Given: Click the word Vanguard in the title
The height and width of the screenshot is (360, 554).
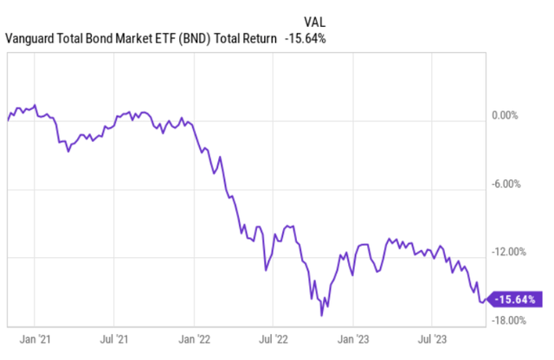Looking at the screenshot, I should (x=33, y=38).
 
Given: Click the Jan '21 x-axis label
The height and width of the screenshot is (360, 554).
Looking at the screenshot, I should (x=35, y=338).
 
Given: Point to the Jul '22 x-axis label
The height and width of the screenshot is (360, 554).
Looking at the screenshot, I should (x=275, y=338).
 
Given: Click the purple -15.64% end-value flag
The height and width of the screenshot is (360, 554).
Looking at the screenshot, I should (x=516, y=299).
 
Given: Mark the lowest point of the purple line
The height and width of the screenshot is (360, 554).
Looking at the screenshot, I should (x=322, y=315).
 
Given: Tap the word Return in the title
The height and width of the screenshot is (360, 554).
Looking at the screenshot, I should (x=258, y=38).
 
